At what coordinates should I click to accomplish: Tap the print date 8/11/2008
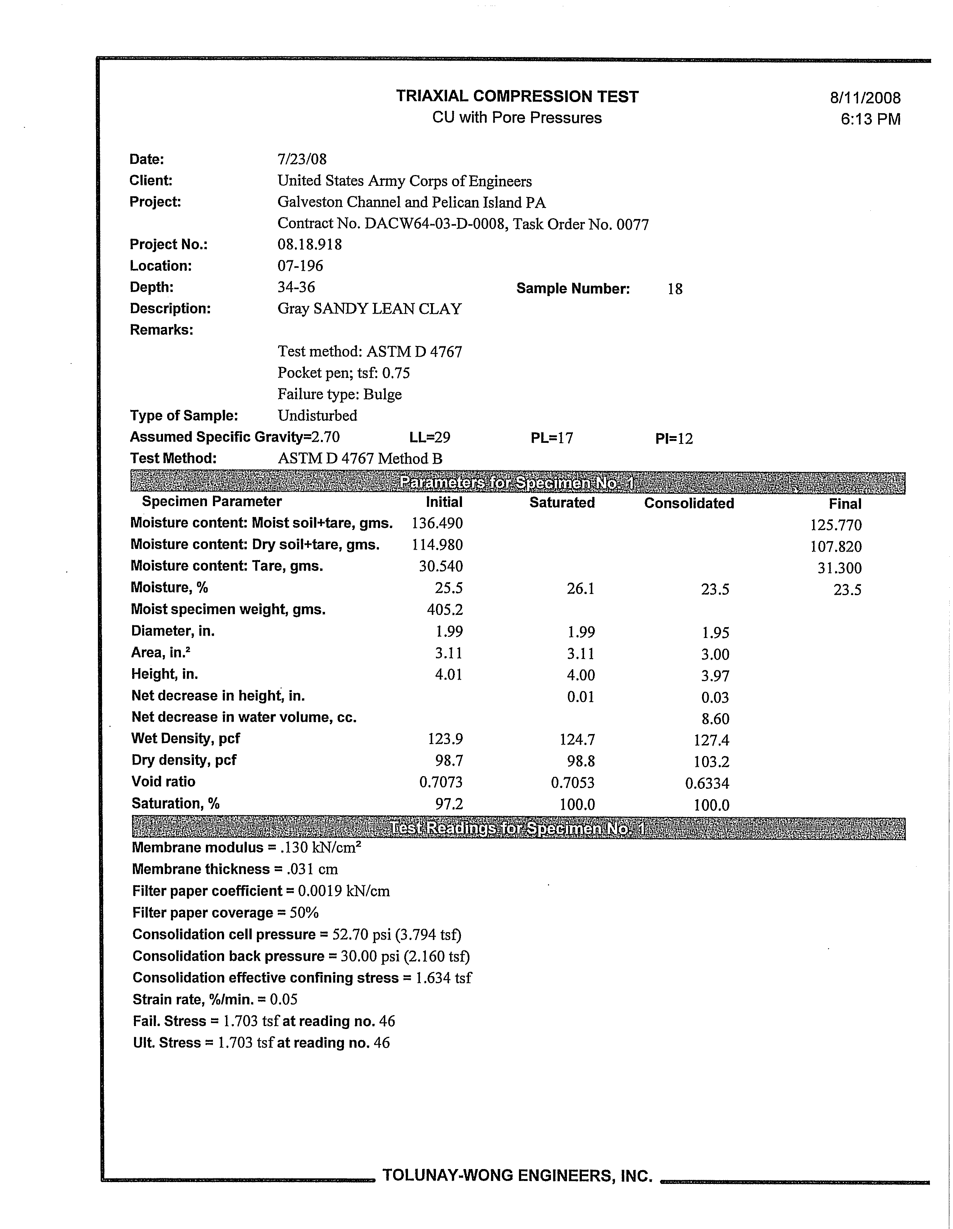pos(865,98)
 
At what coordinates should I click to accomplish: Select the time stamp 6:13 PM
pos(870,119)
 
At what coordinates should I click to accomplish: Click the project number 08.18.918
pos(309,244)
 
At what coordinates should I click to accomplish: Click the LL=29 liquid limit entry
pos(430,438)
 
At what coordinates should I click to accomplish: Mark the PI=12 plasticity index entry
pos(674,438)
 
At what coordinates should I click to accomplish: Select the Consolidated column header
pos(689,503)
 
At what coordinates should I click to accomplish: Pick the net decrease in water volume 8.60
pos(715,719)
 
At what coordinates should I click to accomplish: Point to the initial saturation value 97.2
pos(449,804)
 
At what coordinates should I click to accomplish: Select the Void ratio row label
pos(163,782)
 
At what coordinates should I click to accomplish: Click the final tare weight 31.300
pos(839,568)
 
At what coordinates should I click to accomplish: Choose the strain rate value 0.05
pos(284,1000)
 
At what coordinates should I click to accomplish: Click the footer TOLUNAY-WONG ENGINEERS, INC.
pos(517,1175)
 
